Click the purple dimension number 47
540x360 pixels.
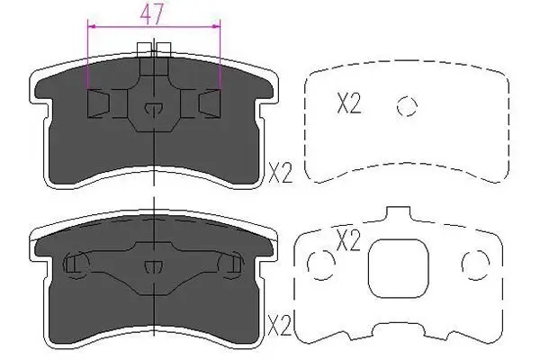[151, 13]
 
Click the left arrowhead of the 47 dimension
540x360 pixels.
[91, 26]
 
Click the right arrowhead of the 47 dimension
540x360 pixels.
[216, 26]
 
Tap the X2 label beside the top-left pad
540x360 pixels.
[280, 174]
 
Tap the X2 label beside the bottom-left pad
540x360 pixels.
[280, 326]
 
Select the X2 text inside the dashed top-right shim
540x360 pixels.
[348, 103]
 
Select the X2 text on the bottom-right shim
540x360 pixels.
[347, 240]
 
